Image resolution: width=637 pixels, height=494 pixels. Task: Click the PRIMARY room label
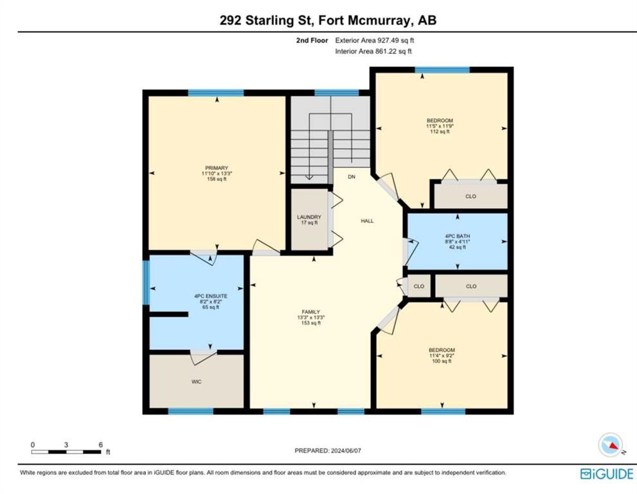[217, 168]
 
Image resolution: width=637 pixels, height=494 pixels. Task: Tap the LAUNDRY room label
[309, 217]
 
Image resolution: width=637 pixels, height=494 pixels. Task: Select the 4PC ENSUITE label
[210, 297]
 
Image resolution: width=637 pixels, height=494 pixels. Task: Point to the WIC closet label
[196, 382]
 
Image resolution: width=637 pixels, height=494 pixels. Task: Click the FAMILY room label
[310, 312]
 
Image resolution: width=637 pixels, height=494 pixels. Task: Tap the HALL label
[367, 221]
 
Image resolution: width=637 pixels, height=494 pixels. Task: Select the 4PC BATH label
[458, 236]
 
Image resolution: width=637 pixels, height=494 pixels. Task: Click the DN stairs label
[352, 177]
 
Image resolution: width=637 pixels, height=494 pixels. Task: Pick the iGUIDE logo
[607, 474]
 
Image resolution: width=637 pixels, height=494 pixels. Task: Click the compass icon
[611, 445]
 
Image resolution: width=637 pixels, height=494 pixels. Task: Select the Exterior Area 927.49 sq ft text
[375, 41]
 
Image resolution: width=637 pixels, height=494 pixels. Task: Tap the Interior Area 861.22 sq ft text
[373, 51]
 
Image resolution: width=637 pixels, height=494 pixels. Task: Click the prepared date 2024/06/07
[346, 450]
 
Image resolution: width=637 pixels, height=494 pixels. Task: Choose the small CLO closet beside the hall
[419, 286]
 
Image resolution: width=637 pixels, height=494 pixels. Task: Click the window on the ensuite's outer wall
[147, 282]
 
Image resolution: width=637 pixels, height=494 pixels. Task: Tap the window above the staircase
[337, 93]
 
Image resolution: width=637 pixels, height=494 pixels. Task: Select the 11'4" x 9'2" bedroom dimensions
[442, 356]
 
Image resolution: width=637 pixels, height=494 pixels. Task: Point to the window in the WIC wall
[190, 411]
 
